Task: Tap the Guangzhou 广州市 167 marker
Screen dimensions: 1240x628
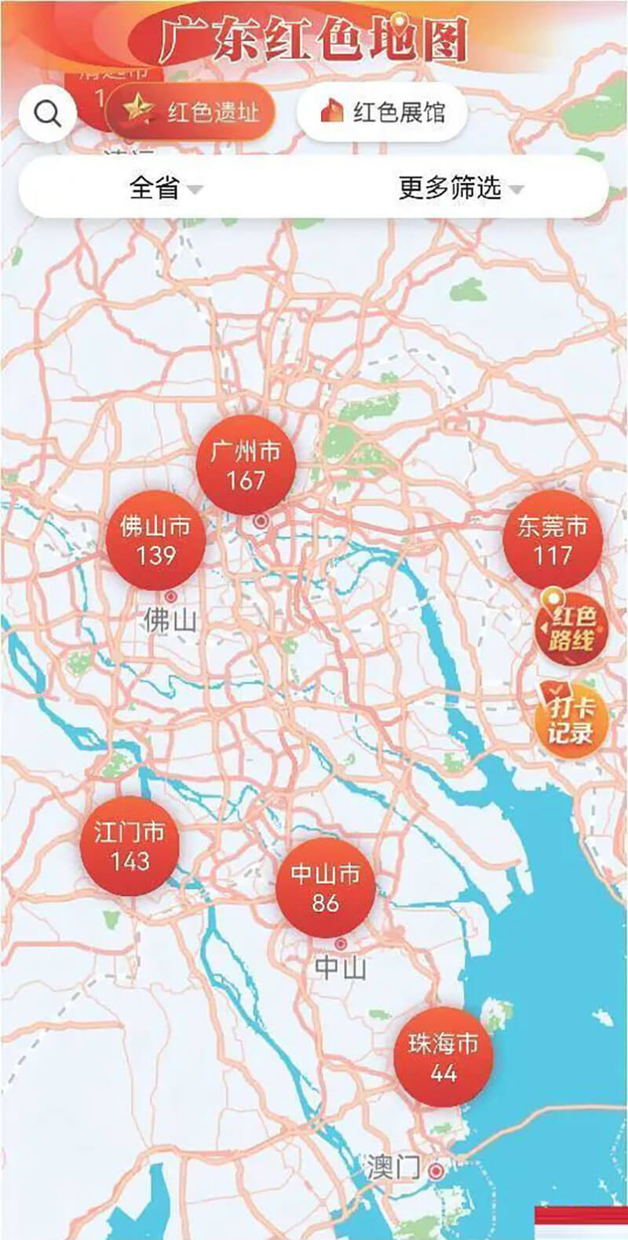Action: (246, 465)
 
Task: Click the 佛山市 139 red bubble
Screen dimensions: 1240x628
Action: (155, 541)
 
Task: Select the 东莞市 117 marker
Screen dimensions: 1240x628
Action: (553, 541)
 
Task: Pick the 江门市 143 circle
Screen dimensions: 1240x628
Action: (130, 846)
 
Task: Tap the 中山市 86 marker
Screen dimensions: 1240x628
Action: (325, 888)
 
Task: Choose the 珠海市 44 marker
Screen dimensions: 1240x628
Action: (444, 1057)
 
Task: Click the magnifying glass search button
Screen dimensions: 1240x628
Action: (48, 115)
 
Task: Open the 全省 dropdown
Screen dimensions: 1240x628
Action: (165, 188)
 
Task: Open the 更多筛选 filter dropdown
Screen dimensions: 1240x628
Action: (459, 188)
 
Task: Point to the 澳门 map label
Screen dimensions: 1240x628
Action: (392, 1168)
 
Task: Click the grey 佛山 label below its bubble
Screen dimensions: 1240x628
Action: (169, 621)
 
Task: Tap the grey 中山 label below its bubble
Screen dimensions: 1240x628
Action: (340, 968)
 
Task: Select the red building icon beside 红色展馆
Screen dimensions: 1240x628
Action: (332, 112)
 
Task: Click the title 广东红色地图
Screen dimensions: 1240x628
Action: (312, 38)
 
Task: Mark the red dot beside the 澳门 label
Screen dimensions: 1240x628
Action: (436, 1171)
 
